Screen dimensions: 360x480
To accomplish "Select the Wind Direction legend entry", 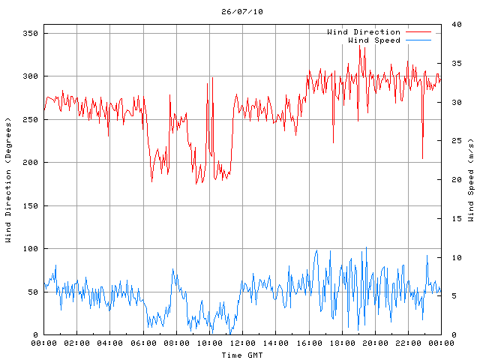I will [x=364, y=32].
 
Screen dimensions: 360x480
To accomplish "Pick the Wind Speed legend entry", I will [x=374, y=40].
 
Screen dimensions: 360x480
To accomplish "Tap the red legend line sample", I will [x=418, y=32].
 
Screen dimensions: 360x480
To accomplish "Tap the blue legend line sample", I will [x=418, y=40].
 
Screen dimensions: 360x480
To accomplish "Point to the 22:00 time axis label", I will [x=408, y=343].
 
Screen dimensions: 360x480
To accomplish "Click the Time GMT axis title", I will [x=242, y=354].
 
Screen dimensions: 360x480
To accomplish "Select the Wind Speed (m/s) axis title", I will [x=471, y=180].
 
